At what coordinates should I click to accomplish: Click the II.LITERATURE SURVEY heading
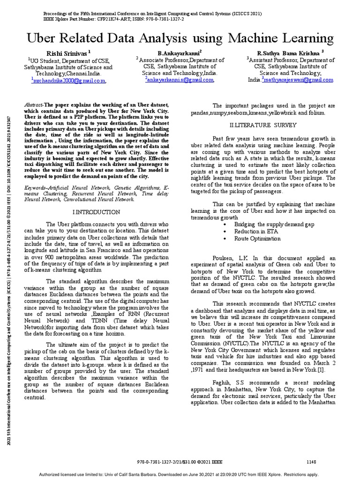pyautogui.click(x=262, y=125)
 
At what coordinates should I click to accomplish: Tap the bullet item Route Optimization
pyautogui.click(x=257, y=239)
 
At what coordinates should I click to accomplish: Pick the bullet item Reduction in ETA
pyautogui.click(x=256, y=232)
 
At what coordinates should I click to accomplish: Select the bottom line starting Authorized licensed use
pyautogui.click(x=180, y=474)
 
